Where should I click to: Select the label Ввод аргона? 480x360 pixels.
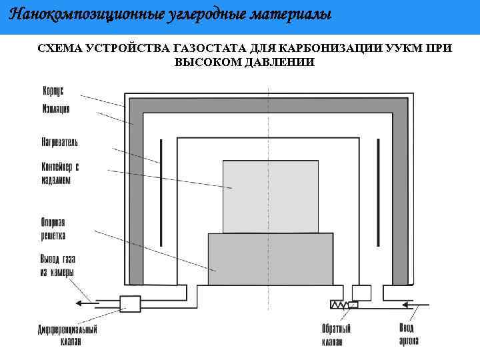click(x=409, y=335)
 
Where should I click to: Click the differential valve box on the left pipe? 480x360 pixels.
click(x=129, y=303)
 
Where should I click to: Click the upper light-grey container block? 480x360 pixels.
click(x=271, y=196)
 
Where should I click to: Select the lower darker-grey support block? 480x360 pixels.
click(x=271, y=259)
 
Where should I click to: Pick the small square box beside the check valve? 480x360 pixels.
click(x=361, y=292)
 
